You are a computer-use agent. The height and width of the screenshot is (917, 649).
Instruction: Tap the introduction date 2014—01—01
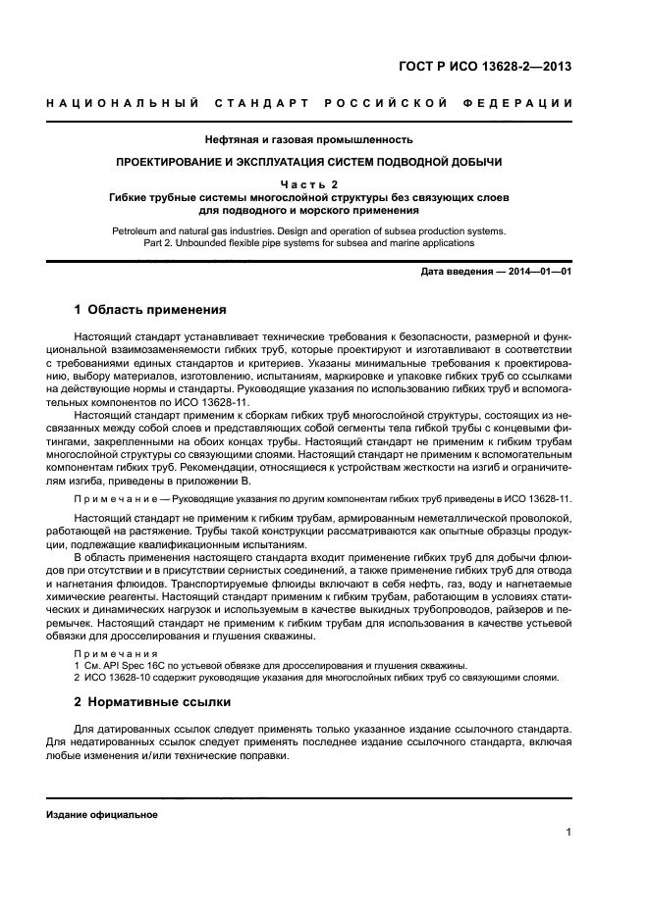(x=538, y=271)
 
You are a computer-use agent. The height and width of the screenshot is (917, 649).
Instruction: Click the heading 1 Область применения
(x=150, y=310)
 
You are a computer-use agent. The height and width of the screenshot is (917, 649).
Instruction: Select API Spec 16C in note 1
(x=137, y=664)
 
